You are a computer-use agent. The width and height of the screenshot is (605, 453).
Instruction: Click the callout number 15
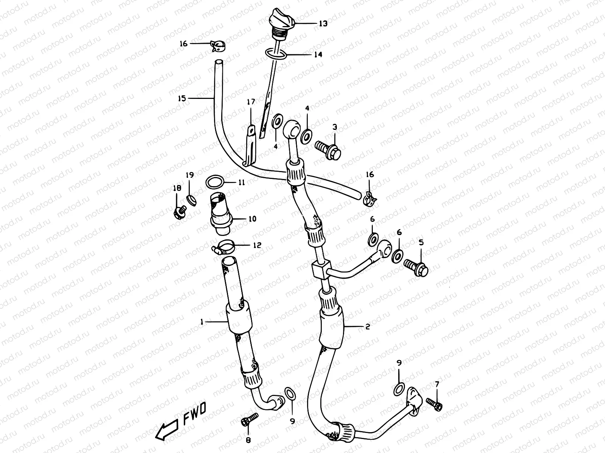click(182, 99)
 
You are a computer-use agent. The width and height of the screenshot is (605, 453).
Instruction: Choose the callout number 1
click(202, 322)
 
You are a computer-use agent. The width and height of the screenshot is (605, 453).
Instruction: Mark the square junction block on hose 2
click(320, 270)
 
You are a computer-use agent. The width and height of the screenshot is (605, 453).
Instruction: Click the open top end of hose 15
click(219, 61)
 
